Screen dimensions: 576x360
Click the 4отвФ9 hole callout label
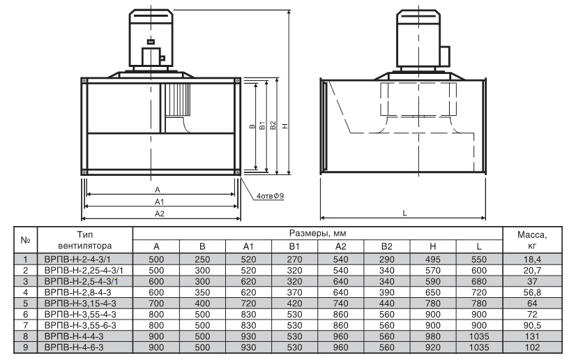click(x=270, y=196)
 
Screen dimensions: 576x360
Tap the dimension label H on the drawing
click(x=285, y=126)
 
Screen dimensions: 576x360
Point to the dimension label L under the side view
click(x=405, y=213)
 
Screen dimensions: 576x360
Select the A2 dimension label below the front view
click(x=160, y=213)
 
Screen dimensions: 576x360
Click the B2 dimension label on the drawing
click(x=273, y=126)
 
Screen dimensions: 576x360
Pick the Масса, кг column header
click(x=532, y=240)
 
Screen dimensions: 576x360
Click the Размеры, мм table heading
click(x=318, y=233)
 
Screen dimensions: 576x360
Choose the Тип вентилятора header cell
click(x=85, y=240)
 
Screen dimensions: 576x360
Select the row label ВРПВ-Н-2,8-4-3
click(x=77, y=292)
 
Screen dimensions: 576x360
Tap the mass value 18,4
click(x=532, y=260)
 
